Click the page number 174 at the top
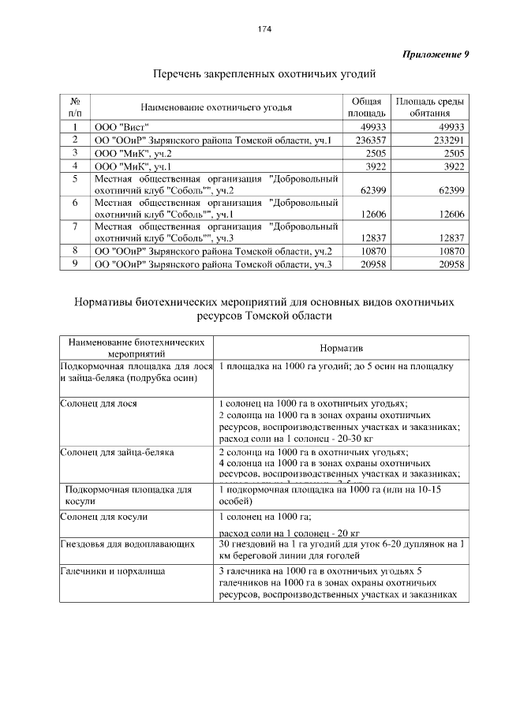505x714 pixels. pos(264,29)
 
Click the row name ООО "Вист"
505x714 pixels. pos(122,127)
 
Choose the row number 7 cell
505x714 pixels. pos(75,226)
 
